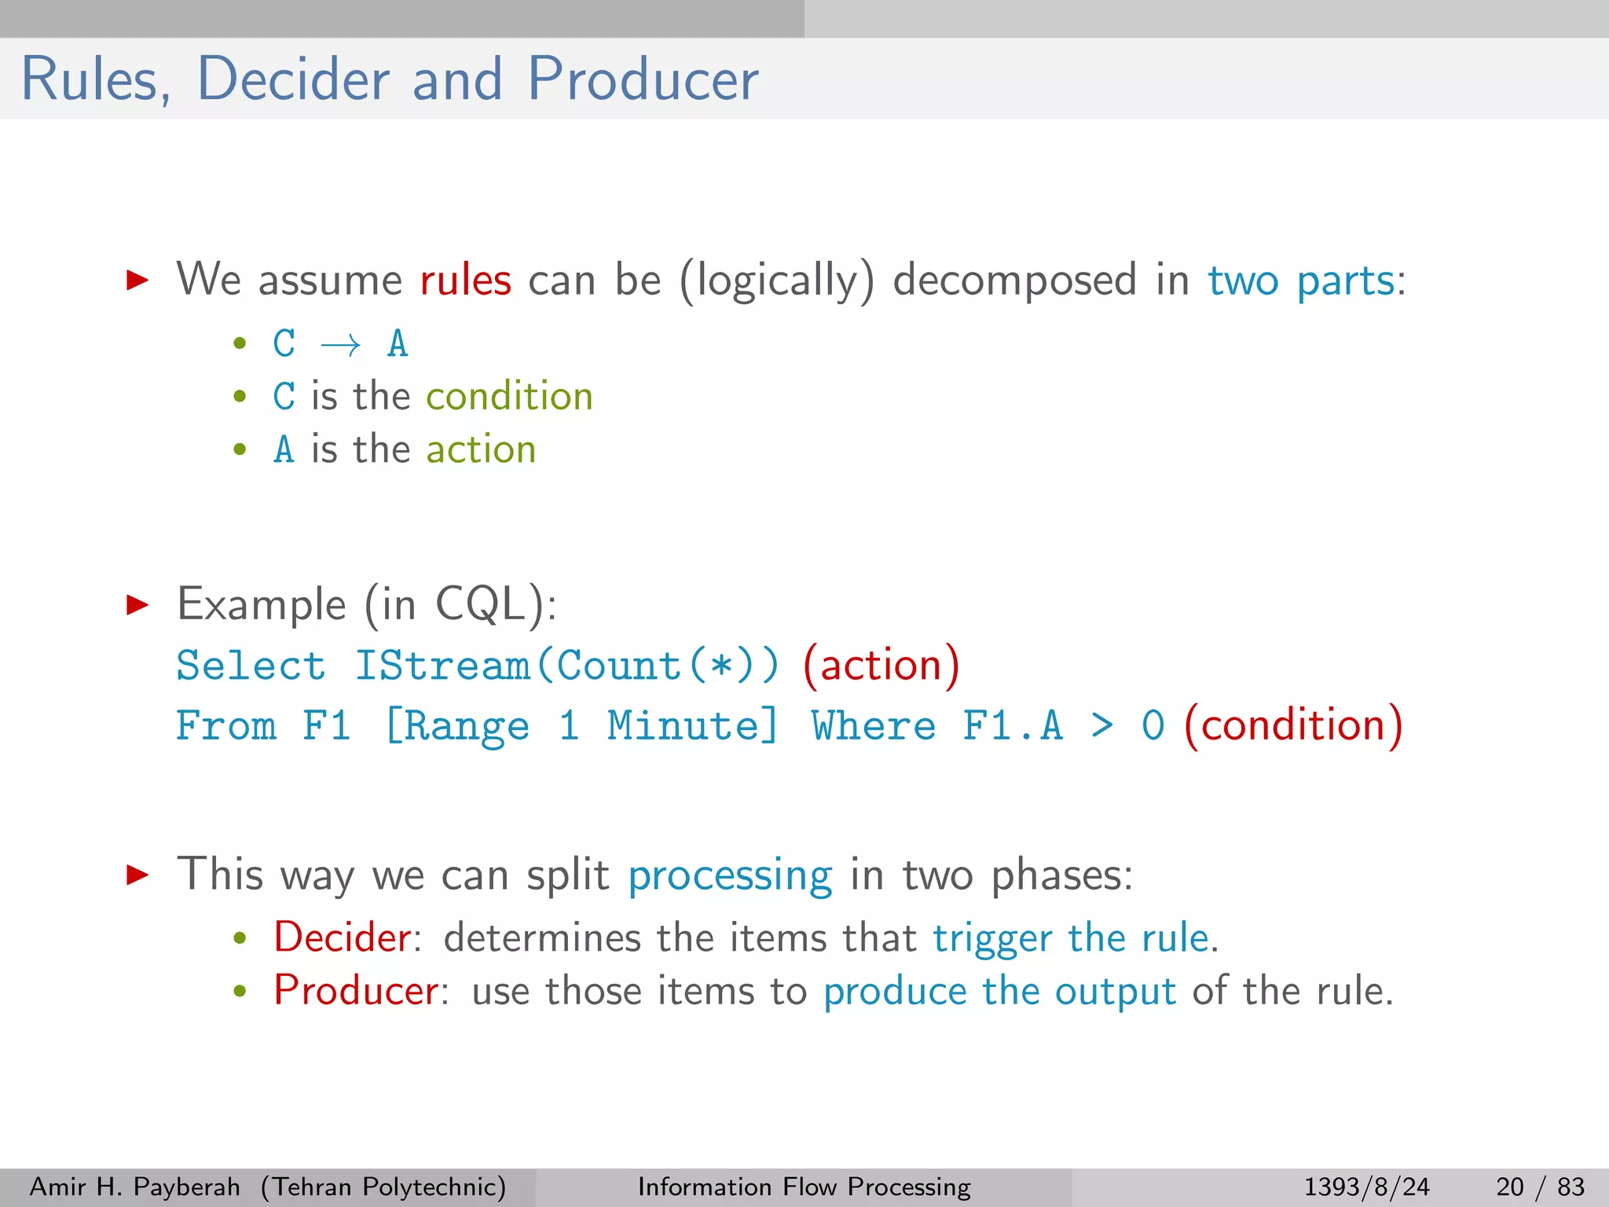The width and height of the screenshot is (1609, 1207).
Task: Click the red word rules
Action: click(x=465, y=281)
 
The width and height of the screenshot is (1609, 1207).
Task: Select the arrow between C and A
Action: click(x=341, y=345)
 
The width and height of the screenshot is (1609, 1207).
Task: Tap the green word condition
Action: click(x=509, y=396)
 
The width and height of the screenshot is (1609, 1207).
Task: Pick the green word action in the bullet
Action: click(x=481, y=449)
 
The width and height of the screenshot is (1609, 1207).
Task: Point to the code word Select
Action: click(x=251, y=666)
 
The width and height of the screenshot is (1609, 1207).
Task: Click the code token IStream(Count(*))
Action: click(x=566, y=666)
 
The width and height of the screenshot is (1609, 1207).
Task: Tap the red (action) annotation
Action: click(x=881, y=666)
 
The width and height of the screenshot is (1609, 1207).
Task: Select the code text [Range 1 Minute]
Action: click(x=581, y=725)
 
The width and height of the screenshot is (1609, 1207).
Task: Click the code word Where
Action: click(x=874, y=725)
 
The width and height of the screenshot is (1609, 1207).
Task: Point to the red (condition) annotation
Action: click(x=1293, y=725)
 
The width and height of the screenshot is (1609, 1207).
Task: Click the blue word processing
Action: click(x=730, y=875)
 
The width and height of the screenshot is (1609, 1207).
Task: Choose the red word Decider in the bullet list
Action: click(x=342, y=937)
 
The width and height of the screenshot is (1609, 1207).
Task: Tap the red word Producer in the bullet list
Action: click(x=356, y=991)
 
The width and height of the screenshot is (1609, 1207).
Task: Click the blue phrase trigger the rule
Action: click(x=1071, y=938)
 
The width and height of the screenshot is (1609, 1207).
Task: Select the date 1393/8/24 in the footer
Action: click(x=1367, y=1187)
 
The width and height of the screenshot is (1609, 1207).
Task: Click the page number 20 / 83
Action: click(x=1541, y=1187)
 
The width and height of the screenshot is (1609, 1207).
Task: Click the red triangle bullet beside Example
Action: click(x=137, y=604)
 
